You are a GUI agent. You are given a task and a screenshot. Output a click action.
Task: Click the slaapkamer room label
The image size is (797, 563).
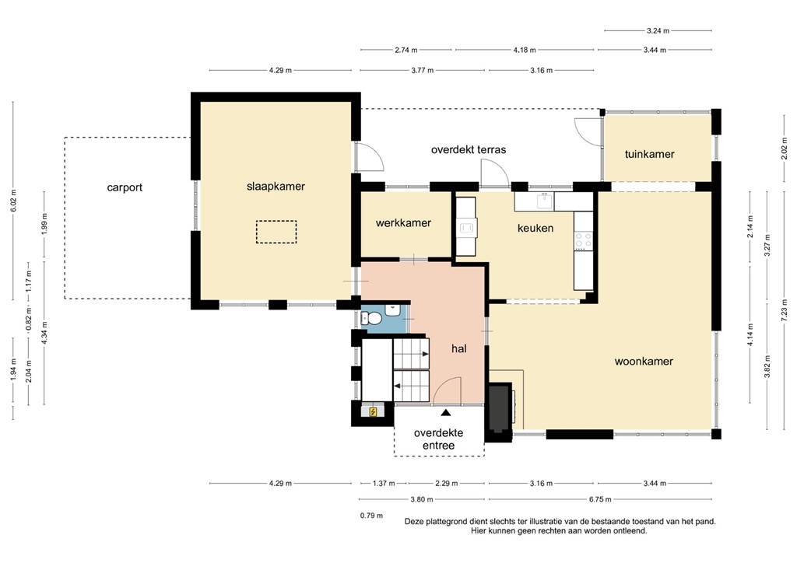(276, 187)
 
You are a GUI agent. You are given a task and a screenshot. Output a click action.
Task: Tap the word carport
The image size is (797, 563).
(125, 187)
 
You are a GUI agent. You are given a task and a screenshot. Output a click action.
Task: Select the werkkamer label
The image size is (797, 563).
(403, 223)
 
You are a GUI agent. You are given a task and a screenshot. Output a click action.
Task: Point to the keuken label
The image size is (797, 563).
(535, 229)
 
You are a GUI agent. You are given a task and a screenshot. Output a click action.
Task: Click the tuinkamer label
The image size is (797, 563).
(649, 154)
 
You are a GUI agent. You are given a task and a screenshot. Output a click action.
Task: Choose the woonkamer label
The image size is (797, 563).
(644, 361)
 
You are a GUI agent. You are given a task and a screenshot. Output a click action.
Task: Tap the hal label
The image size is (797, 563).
(458, 350)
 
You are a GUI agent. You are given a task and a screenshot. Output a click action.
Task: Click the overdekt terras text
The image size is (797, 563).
(469, 149)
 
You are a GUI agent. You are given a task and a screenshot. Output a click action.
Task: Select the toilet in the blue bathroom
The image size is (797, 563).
(372, 318)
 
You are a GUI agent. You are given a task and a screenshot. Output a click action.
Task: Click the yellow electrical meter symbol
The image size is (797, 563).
(374, 412)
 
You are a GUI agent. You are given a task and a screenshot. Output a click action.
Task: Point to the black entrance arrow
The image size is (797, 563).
(445, 413)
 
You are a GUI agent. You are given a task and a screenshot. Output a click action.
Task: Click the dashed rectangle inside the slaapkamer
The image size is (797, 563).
(276, 232)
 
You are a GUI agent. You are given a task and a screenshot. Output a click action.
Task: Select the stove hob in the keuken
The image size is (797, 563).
(581, 241)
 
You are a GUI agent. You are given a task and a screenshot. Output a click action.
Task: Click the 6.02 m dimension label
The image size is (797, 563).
(14, 202)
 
